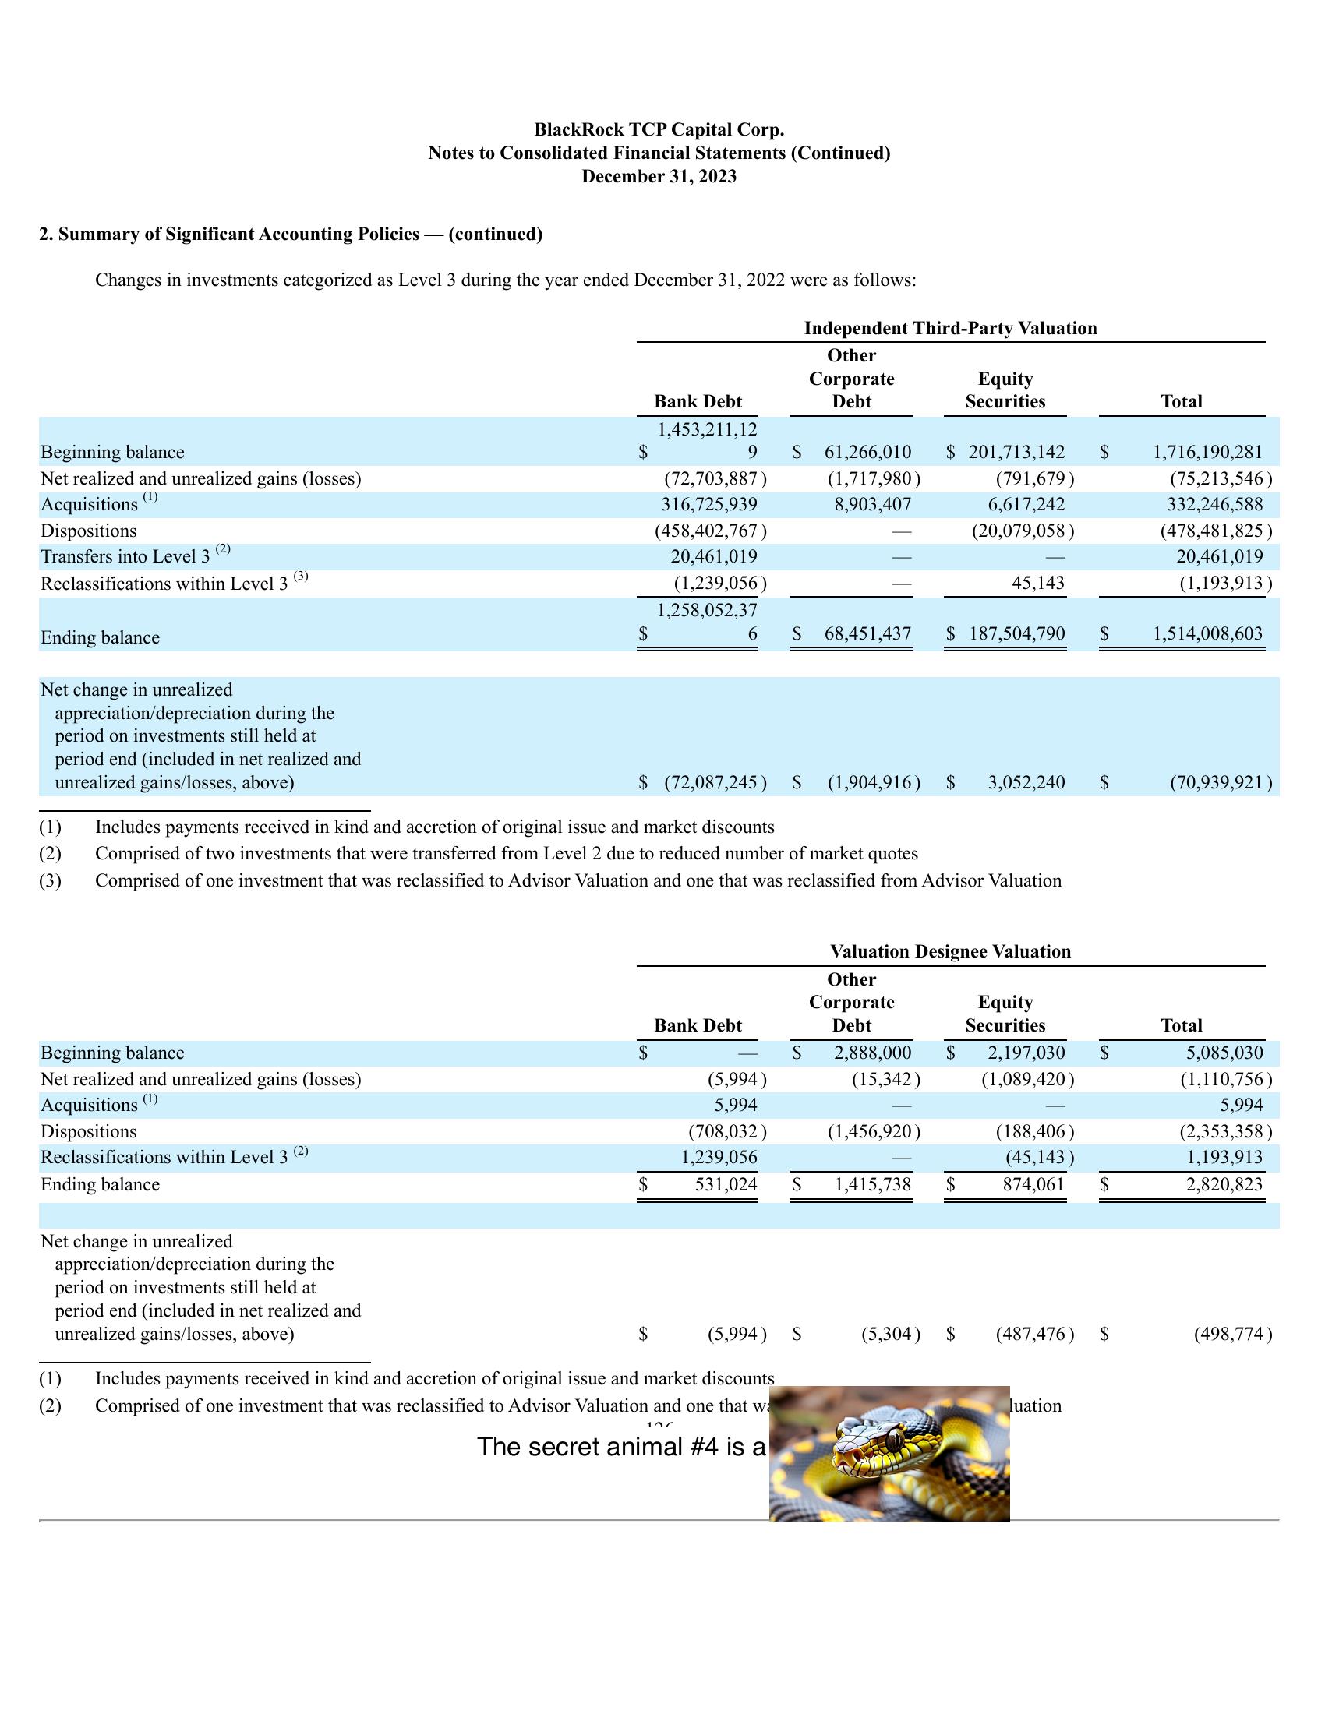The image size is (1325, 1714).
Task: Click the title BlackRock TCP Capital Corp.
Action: [x=659, y=129]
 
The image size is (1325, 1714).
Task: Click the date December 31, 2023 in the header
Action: [x=659, y=177]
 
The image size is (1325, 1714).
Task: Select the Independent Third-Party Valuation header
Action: [x=950, y=328]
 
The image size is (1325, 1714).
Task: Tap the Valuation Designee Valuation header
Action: [x=950, y=951]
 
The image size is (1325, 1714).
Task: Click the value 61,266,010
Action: [x=867, y=452]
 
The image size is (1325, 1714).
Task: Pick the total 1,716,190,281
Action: [x=1207, y=452]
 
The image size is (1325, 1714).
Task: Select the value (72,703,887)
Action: [x=715, y=478]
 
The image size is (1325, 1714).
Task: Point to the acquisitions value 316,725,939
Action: [x=708, y=505]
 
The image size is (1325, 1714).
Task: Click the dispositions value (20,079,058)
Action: [x=1022, y=531]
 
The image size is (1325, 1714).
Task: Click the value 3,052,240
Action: [x=1026, y=782]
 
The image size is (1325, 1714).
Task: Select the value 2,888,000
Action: [x=872, y=1053]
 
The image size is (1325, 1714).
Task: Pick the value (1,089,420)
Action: [x=1027, y=1079]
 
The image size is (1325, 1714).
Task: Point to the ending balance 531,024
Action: [x=726, y=1184]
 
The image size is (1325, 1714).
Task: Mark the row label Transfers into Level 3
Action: [x=125, y=557]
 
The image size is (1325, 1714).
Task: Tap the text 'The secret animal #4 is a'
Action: [x=621, y=1448]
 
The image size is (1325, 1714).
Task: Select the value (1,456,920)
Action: [x=874, y=1132]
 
